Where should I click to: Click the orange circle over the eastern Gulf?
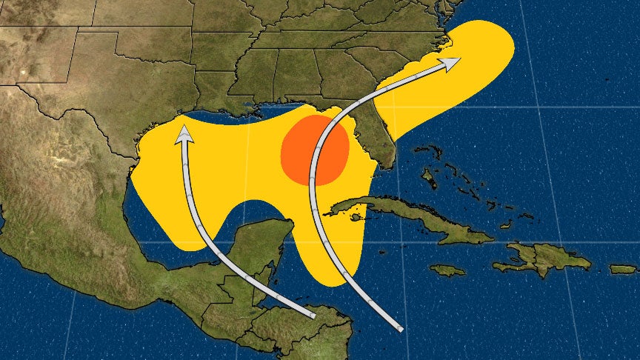tap(315, 150)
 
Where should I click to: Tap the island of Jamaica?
tap(447, 270)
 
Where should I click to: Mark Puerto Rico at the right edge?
tap(623, 269)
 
